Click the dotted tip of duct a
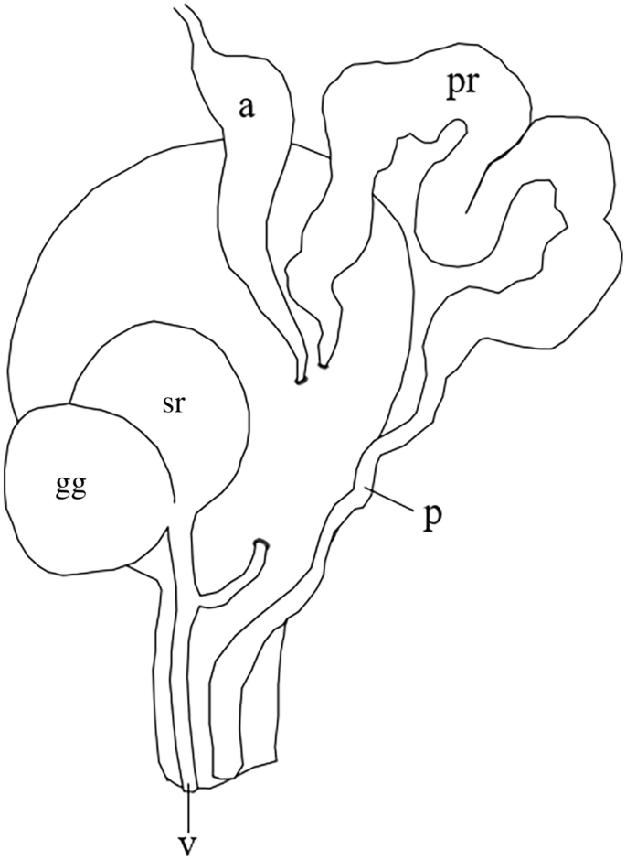(x=300, y=379)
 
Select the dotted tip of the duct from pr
(x=324, y=369)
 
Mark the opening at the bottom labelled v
(x=188, y=785)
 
